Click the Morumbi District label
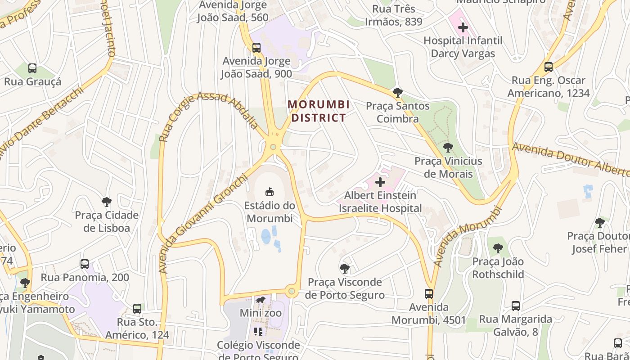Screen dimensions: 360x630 [319, 111]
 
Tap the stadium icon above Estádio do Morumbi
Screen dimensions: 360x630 [270, 192]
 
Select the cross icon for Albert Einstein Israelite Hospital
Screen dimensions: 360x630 [380, 182]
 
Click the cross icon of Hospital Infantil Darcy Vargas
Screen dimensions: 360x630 [463, 27]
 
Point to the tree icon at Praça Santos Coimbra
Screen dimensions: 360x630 [397, 93]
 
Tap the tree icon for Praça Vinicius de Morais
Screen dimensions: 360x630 [448, 148]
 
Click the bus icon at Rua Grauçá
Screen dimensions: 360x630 [32, 68]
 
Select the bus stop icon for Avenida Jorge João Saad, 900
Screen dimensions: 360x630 [256, 47]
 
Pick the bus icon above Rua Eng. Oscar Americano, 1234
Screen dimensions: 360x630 [548, 67]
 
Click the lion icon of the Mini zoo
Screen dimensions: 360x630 [261, 300]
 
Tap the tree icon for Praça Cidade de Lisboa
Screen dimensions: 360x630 [107, 202]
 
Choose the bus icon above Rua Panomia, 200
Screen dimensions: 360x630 [85, 264]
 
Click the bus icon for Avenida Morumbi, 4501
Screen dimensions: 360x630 [429, 294]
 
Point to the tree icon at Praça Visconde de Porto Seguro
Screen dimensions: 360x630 [345, 269]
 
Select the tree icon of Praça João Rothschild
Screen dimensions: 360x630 [498, 248]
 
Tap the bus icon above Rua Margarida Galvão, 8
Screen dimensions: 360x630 [516, 306]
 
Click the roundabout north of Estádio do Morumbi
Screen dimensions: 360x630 [273, 147]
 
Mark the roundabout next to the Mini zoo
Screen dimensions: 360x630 [292, 292]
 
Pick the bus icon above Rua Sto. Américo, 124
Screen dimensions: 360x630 [137, 309]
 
